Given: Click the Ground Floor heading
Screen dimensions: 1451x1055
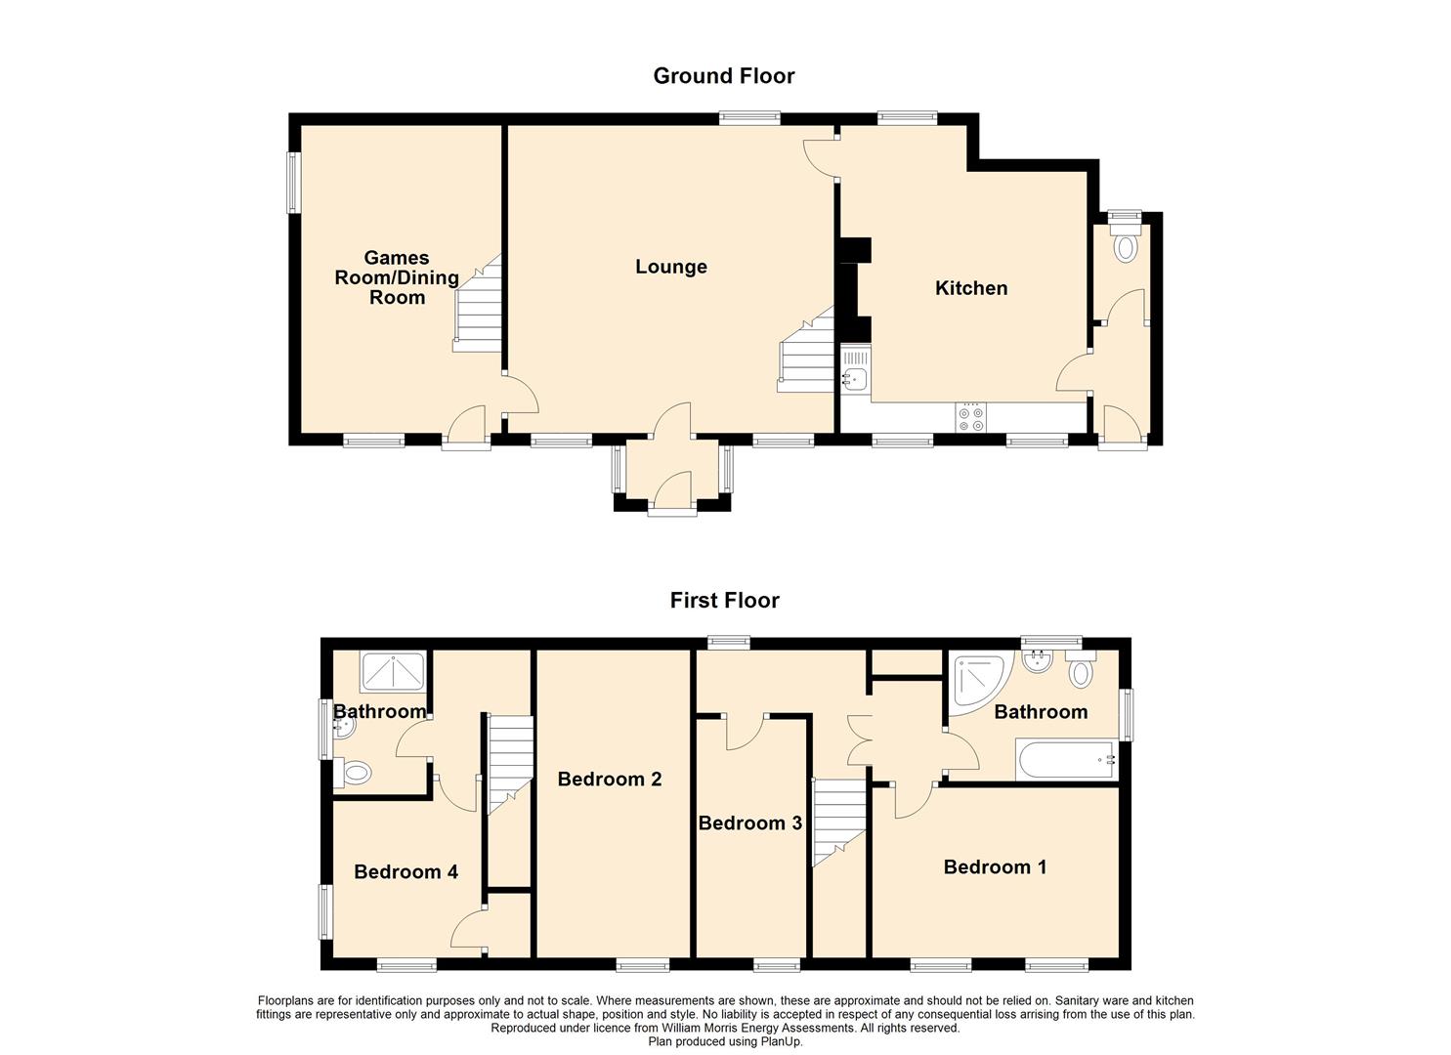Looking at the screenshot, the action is tap(724, 76).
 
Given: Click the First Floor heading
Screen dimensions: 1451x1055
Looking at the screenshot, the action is tap(724, 601).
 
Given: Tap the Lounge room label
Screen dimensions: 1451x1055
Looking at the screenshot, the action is tap(671, 267).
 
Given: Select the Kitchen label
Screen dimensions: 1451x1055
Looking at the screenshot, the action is tap(971, 288).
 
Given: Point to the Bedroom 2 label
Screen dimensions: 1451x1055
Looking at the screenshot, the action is tap(610, 779).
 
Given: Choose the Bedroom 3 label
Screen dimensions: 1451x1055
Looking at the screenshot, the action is tap(750, 823).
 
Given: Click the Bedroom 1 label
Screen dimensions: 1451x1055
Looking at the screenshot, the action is tap(995, 866).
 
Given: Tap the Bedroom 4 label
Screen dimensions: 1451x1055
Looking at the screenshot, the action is tap(406, 871).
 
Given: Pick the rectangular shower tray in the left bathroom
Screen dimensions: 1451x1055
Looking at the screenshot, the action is tap(393, 672).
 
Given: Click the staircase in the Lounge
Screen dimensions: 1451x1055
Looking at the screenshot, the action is tap(806, 350).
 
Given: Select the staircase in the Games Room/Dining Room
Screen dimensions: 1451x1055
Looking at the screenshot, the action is tap(478, 303).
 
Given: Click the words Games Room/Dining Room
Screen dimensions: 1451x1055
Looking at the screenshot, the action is tap(397, 277).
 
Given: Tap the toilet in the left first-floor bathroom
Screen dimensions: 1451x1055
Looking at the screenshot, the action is tap(353, 772).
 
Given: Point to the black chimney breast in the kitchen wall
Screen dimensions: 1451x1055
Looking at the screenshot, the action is tap(854, 289).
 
